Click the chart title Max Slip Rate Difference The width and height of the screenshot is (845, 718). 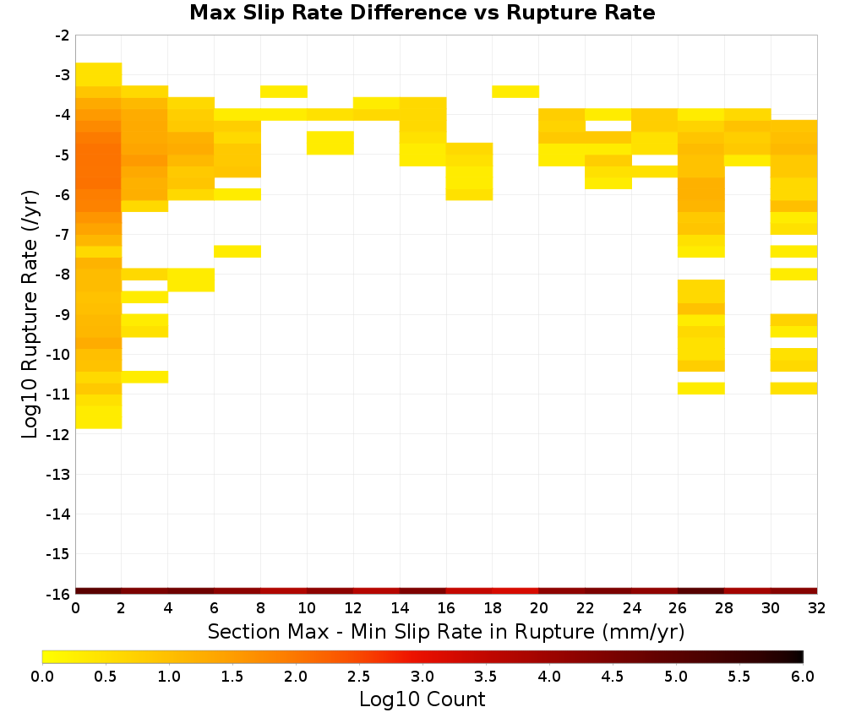(329, 13)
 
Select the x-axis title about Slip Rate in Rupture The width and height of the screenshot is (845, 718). (445, 631)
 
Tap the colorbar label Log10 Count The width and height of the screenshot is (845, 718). (422, 699)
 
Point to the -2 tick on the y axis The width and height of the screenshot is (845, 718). (63, 35)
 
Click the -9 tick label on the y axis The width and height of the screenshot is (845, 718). (63, 314)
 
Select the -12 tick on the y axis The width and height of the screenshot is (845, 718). (58, 434)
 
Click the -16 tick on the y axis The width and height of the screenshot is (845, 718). (58, 594)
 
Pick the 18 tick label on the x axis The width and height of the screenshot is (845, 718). (492, 608)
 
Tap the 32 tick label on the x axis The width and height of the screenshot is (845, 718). (817, 608)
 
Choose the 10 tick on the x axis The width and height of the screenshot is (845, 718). (307, 608)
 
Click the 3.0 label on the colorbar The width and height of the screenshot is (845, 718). (422, 676)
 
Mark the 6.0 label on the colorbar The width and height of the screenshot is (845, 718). (803, 676)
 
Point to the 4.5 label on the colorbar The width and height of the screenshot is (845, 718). (612, 676)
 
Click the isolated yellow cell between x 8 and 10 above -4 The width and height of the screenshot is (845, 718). (284, 91)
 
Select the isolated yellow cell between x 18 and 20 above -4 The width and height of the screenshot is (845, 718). (515, 91)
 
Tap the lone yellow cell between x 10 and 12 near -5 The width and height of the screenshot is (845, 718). (330, 143)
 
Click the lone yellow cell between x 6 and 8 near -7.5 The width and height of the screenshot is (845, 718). (237, 252)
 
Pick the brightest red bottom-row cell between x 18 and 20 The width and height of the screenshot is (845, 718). (515, 591)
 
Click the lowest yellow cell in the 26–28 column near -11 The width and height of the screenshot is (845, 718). (701, 389)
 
